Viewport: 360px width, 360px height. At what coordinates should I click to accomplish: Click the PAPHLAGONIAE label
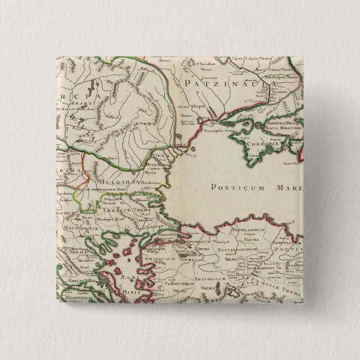click(x=257, y=227)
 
